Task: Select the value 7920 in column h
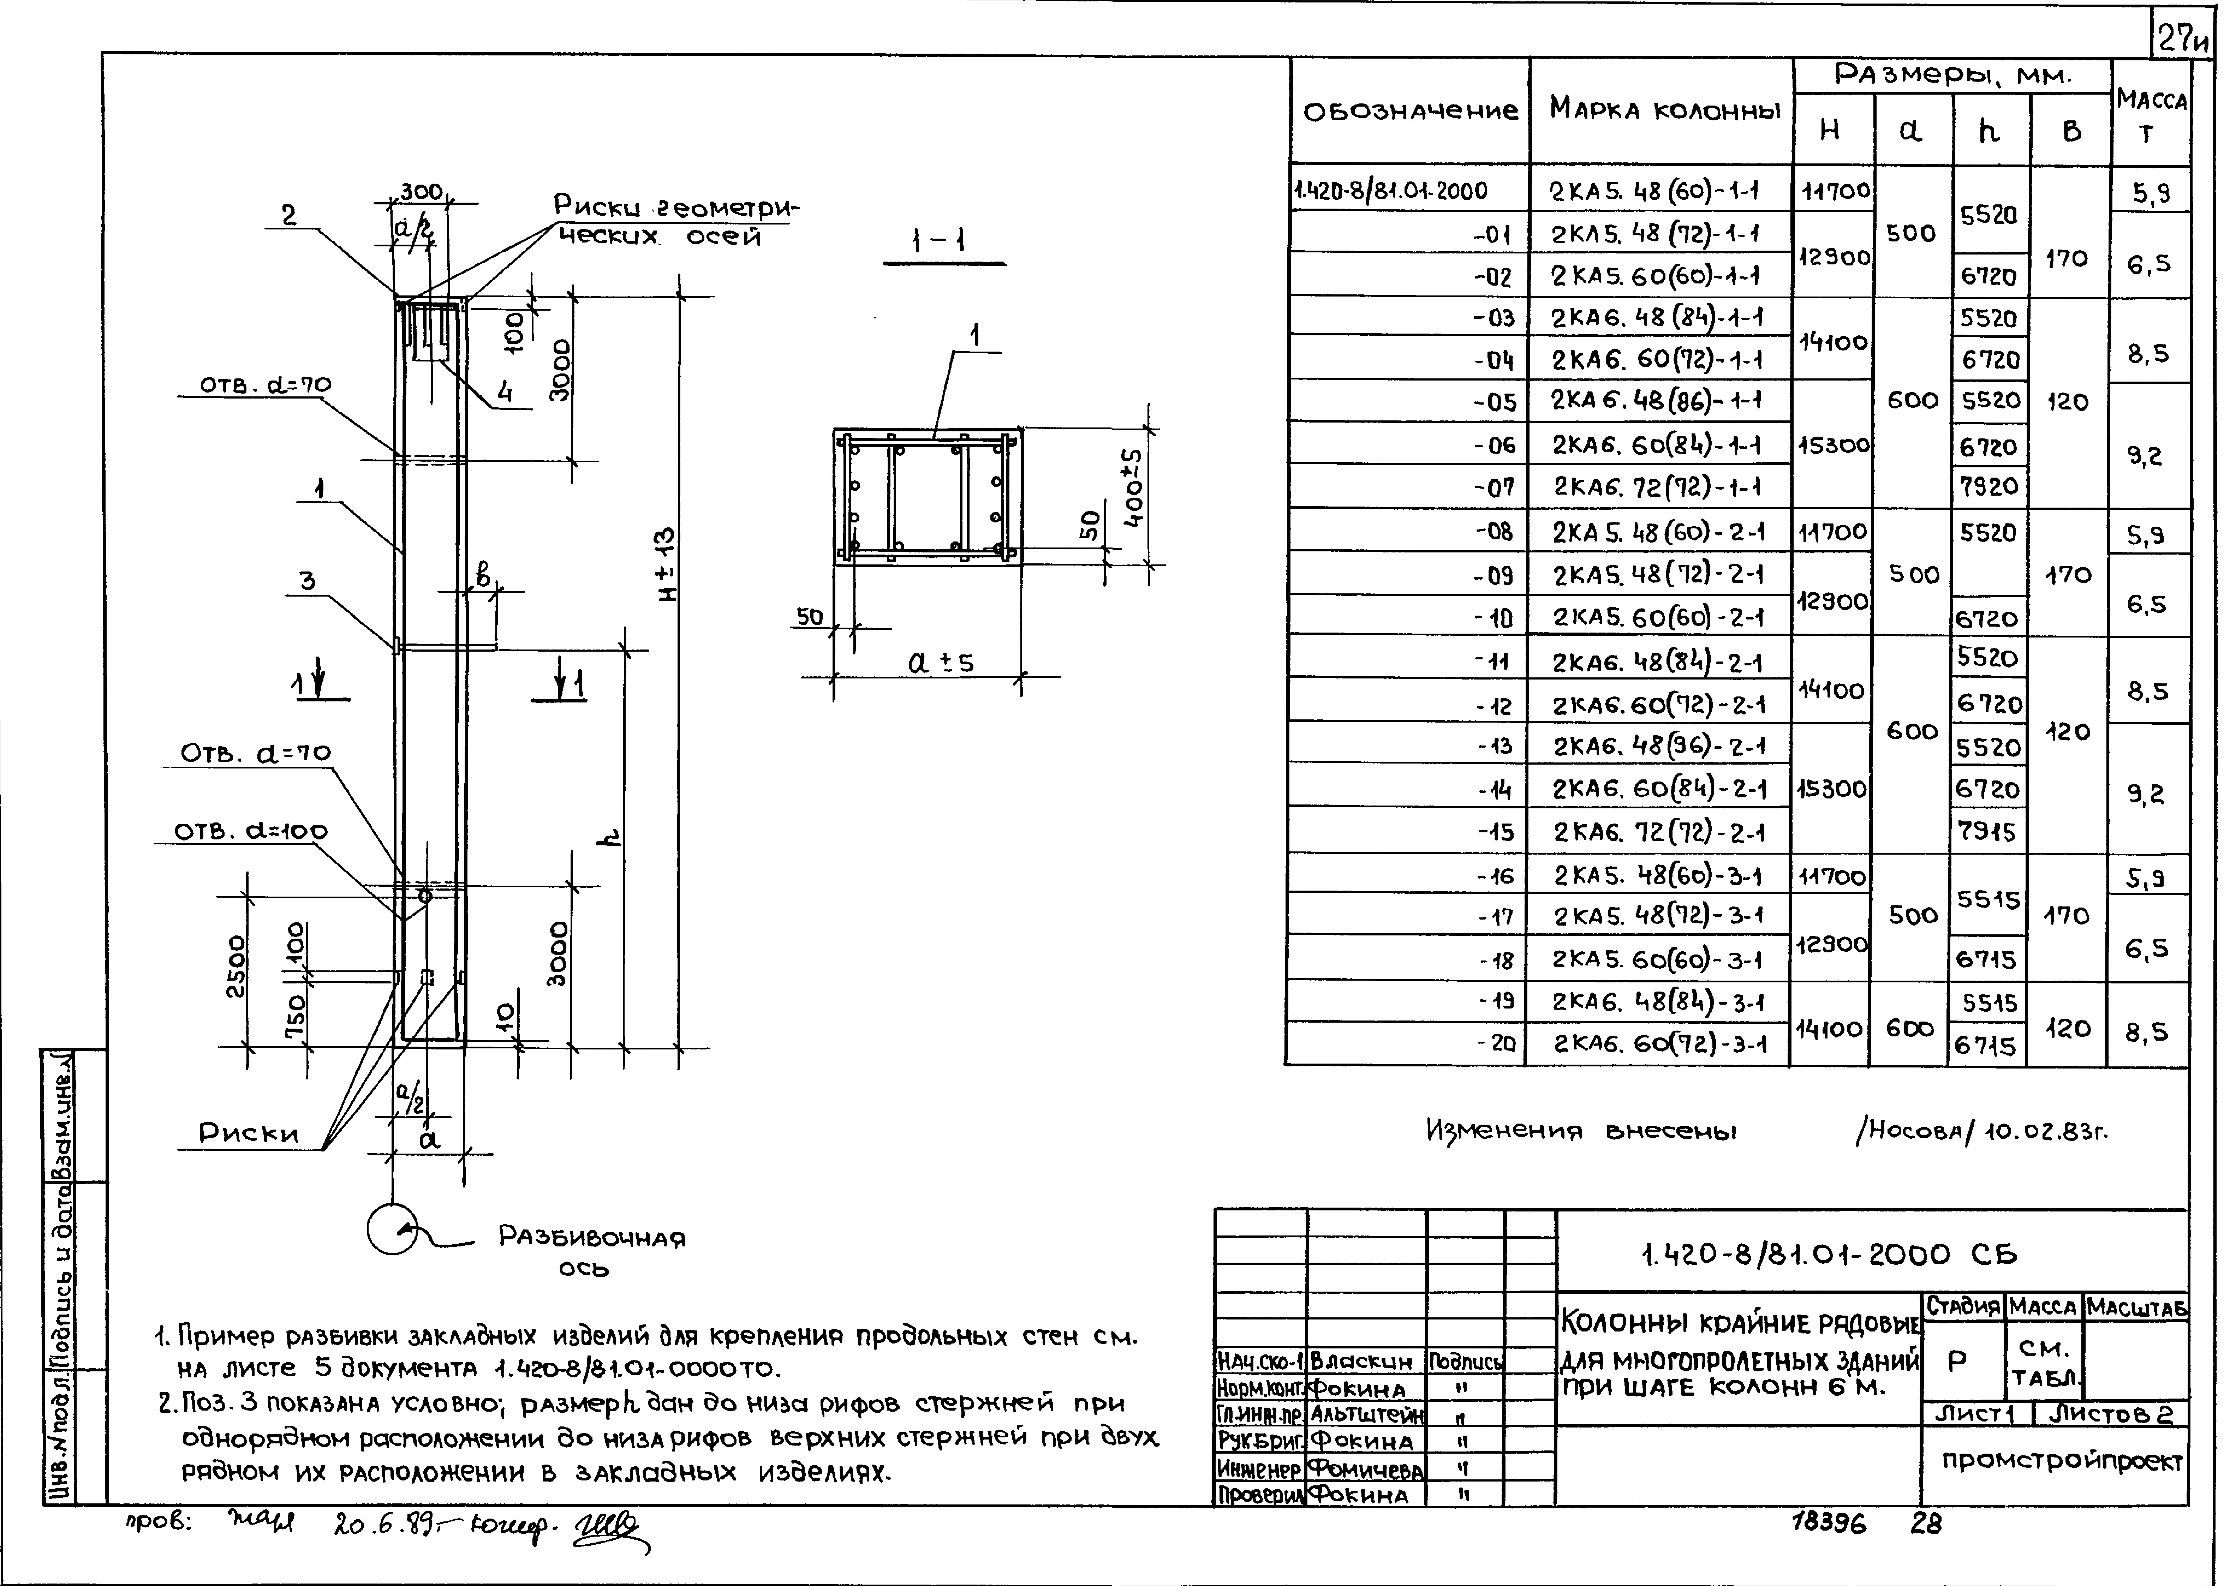(1989, 486)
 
